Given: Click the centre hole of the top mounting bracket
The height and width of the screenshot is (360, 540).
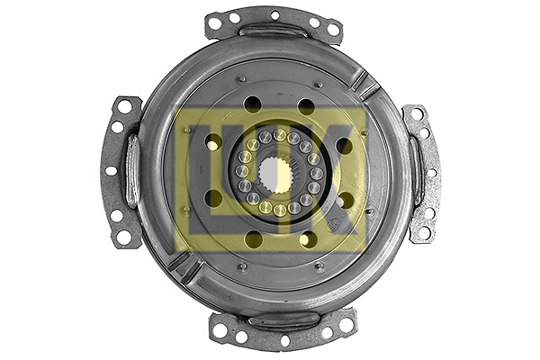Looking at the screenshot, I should [x=274, y=14].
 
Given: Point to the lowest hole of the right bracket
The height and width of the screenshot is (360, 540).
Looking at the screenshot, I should [x=420, y=232].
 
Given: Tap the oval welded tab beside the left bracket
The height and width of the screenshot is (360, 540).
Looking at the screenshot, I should [x=131, y=171].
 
